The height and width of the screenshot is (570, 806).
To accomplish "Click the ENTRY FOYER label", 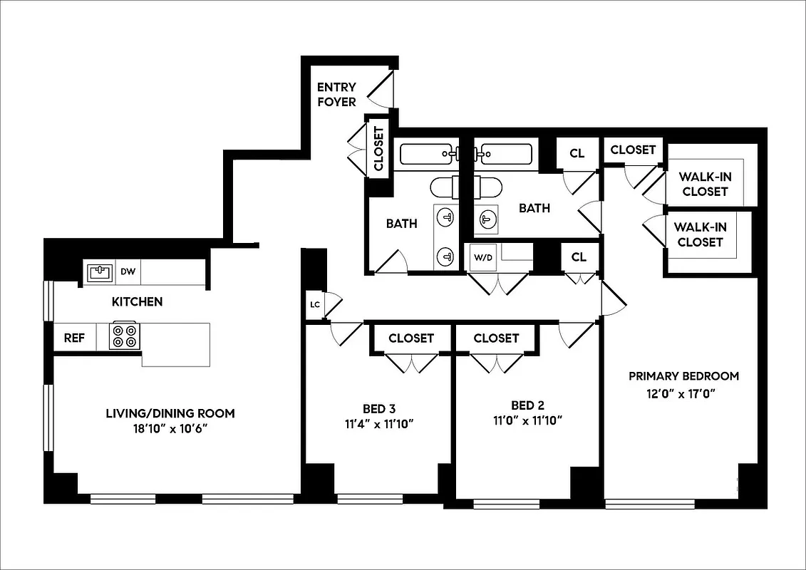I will pos(336,95).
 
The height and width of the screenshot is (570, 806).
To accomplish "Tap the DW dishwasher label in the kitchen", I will pos(128,271).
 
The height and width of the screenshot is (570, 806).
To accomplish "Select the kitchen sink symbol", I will pos(100,271).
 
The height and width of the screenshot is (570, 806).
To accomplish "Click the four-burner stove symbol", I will pos(125,336).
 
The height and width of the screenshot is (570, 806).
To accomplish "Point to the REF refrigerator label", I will pos(75,338).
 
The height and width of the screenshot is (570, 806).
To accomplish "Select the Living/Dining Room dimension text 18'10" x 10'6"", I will pos(170,428).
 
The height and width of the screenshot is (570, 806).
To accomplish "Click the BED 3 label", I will pos(379,408).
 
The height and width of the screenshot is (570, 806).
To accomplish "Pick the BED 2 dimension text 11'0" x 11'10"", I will pos(527,420).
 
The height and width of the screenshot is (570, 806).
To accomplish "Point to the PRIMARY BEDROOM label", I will pos(683,376).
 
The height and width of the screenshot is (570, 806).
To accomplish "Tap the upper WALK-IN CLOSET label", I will pos(703,184).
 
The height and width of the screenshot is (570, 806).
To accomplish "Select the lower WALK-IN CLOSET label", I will pos(700,234).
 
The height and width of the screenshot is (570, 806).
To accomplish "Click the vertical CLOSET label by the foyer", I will pos(378,149).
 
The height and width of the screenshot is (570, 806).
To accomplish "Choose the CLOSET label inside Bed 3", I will pos(411,338).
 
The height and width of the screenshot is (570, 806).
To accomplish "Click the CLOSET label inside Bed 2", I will pos(496,338).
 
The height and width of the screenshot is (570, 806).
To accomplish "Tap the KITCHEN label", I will pos(137,302).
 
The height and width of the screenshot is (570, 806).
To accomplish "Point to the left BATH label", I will pos(402,224).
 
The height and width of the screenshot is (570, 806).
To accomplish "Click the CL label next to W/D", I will pos(579,256).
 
